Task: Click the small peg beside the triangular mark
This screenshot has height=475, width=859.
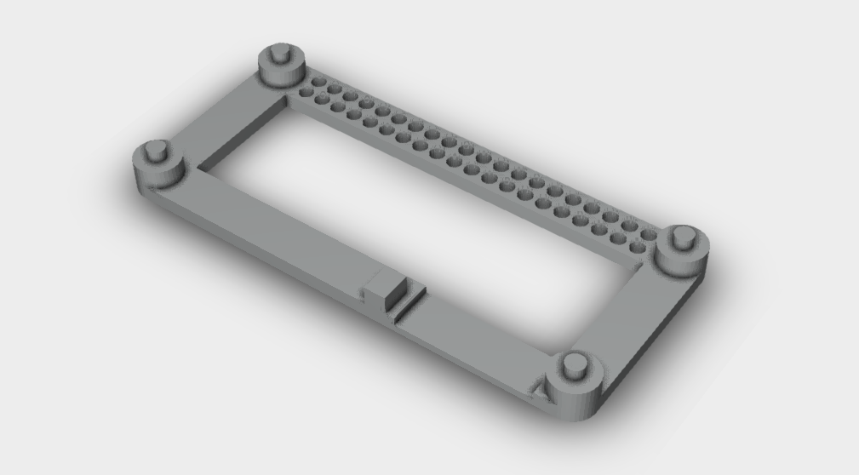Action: [576, 365]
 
